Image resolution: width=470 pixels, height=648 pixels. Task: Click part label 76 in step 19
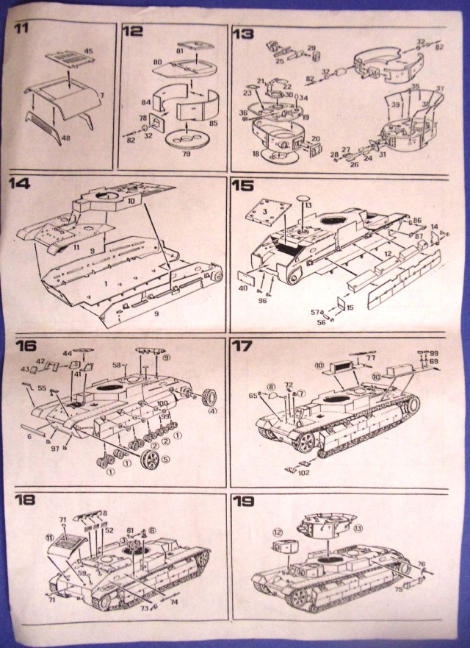(421, 564)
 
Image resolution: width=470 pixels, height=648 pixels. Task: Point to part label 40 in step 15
(242, 288)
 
